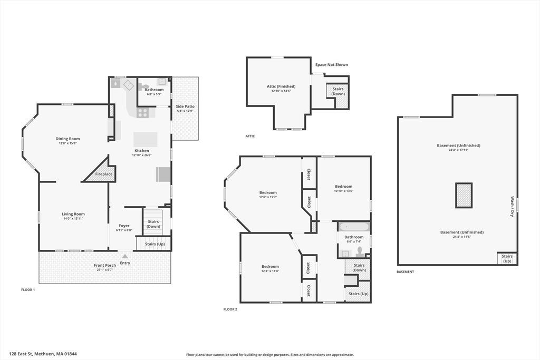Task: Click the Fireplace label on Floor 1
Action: click(x=104, y=174)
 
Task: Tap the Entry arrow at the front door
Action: click(x=125, y=256)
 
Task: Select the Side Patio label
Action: click(x=185, y=106)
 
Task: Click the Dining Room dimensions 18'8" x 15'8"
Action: click(x=67, y=143)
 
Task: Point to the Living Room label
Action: click(x=73, y=213)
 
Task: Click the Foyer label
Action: click(x=124, y=226)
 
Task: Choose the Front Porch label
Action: click(x=105, y=265)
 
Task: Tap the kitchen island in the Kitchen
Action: click(x=146, y=139)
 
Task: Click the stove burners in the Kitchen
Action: click(x=142, y=113)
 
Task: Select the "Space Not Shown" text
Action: click(x=332, y=65)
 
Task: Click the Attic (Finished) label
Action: click(x=281, y=86)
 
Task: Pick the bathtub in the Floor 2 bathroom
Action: click(x=354, y=227)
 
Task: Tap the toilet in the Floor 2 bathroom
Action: click(x=360, y=252)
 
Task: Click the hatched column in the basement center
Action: click(x=464, y=195)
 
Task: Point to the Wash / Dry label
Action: click(x=512, y=207)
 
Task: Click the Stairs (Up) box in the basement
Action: click(x=507, y=259)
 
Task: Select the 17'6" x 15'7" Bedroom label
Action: click(x=268, y=192)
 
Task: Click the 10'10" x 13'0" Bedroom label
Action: click(x=344, y=186)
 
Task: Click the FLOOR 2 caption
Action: click(x=230, y=309)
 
